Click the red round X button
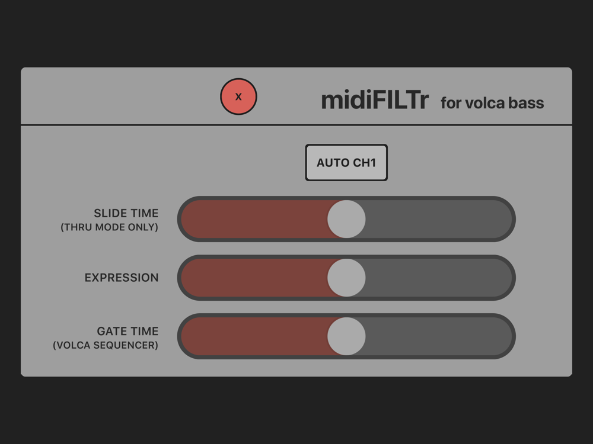(238, 96)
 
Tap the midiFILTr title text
(375, 101)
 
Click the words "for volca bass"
(492, 103)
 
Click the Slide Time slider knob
(346, 219)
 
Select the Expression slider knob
(346, 278)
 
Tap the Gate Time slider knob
(346, 336)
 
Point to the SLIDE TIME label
(126, 213)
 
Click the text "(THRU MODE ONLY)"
(109, 227)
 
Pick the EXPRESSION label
(122, 278)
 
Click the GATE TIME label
(127, 331)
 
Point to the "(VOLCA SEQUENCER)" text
(106, 345)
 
